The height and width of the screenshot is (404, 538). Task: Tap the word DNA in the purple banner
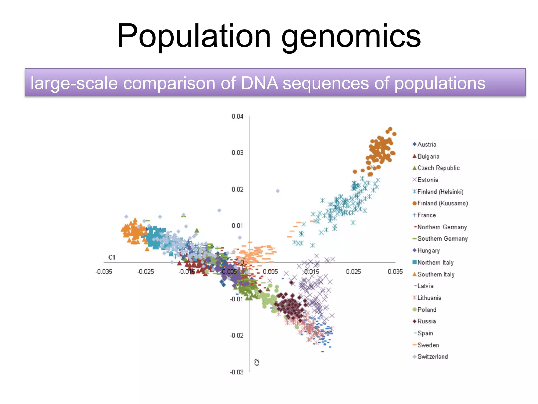(259, 83)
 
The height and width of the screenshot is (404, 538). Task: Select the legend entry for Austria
(427, 144)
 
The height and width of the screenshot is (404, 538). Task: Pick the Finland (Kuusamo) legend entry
(442, 203)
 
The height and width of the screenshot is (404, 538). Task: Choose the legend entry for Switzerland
(432, 357)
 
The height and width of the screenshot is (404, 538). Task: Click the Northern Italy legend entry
(435, 262)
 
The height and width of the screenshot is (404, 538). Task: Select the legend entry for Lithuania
(429, 298)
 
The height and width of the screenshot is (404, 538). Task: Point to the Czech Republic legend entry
(438, 168)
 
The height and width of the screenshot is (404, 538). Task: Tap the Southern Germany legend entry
(442, 239)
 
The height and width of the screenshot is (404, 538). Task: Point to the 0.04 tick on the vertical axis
(237, 117)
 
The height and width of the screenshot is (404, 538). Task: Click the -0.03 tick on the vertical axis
(237, 372)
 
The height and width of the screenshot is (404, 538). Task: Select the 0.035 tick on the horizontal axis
(395, 271)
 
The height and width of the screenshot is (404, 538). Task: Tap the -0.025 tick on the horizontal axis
(146, 271)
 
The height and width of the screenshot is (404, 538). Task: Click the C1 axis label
(112, 257)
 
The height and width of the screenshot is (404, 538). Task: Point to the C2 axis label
(257, 362)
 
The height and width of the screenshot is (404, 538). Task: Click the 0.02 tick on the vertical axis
(237, 189)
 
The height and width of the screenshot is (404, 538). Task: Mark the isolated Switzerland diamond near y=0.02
(278, 191)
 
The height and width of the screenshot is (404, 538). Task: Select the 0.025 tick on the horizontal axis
(353, 271)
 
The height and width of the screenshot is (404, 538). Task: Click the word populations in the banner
(440, 83)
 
